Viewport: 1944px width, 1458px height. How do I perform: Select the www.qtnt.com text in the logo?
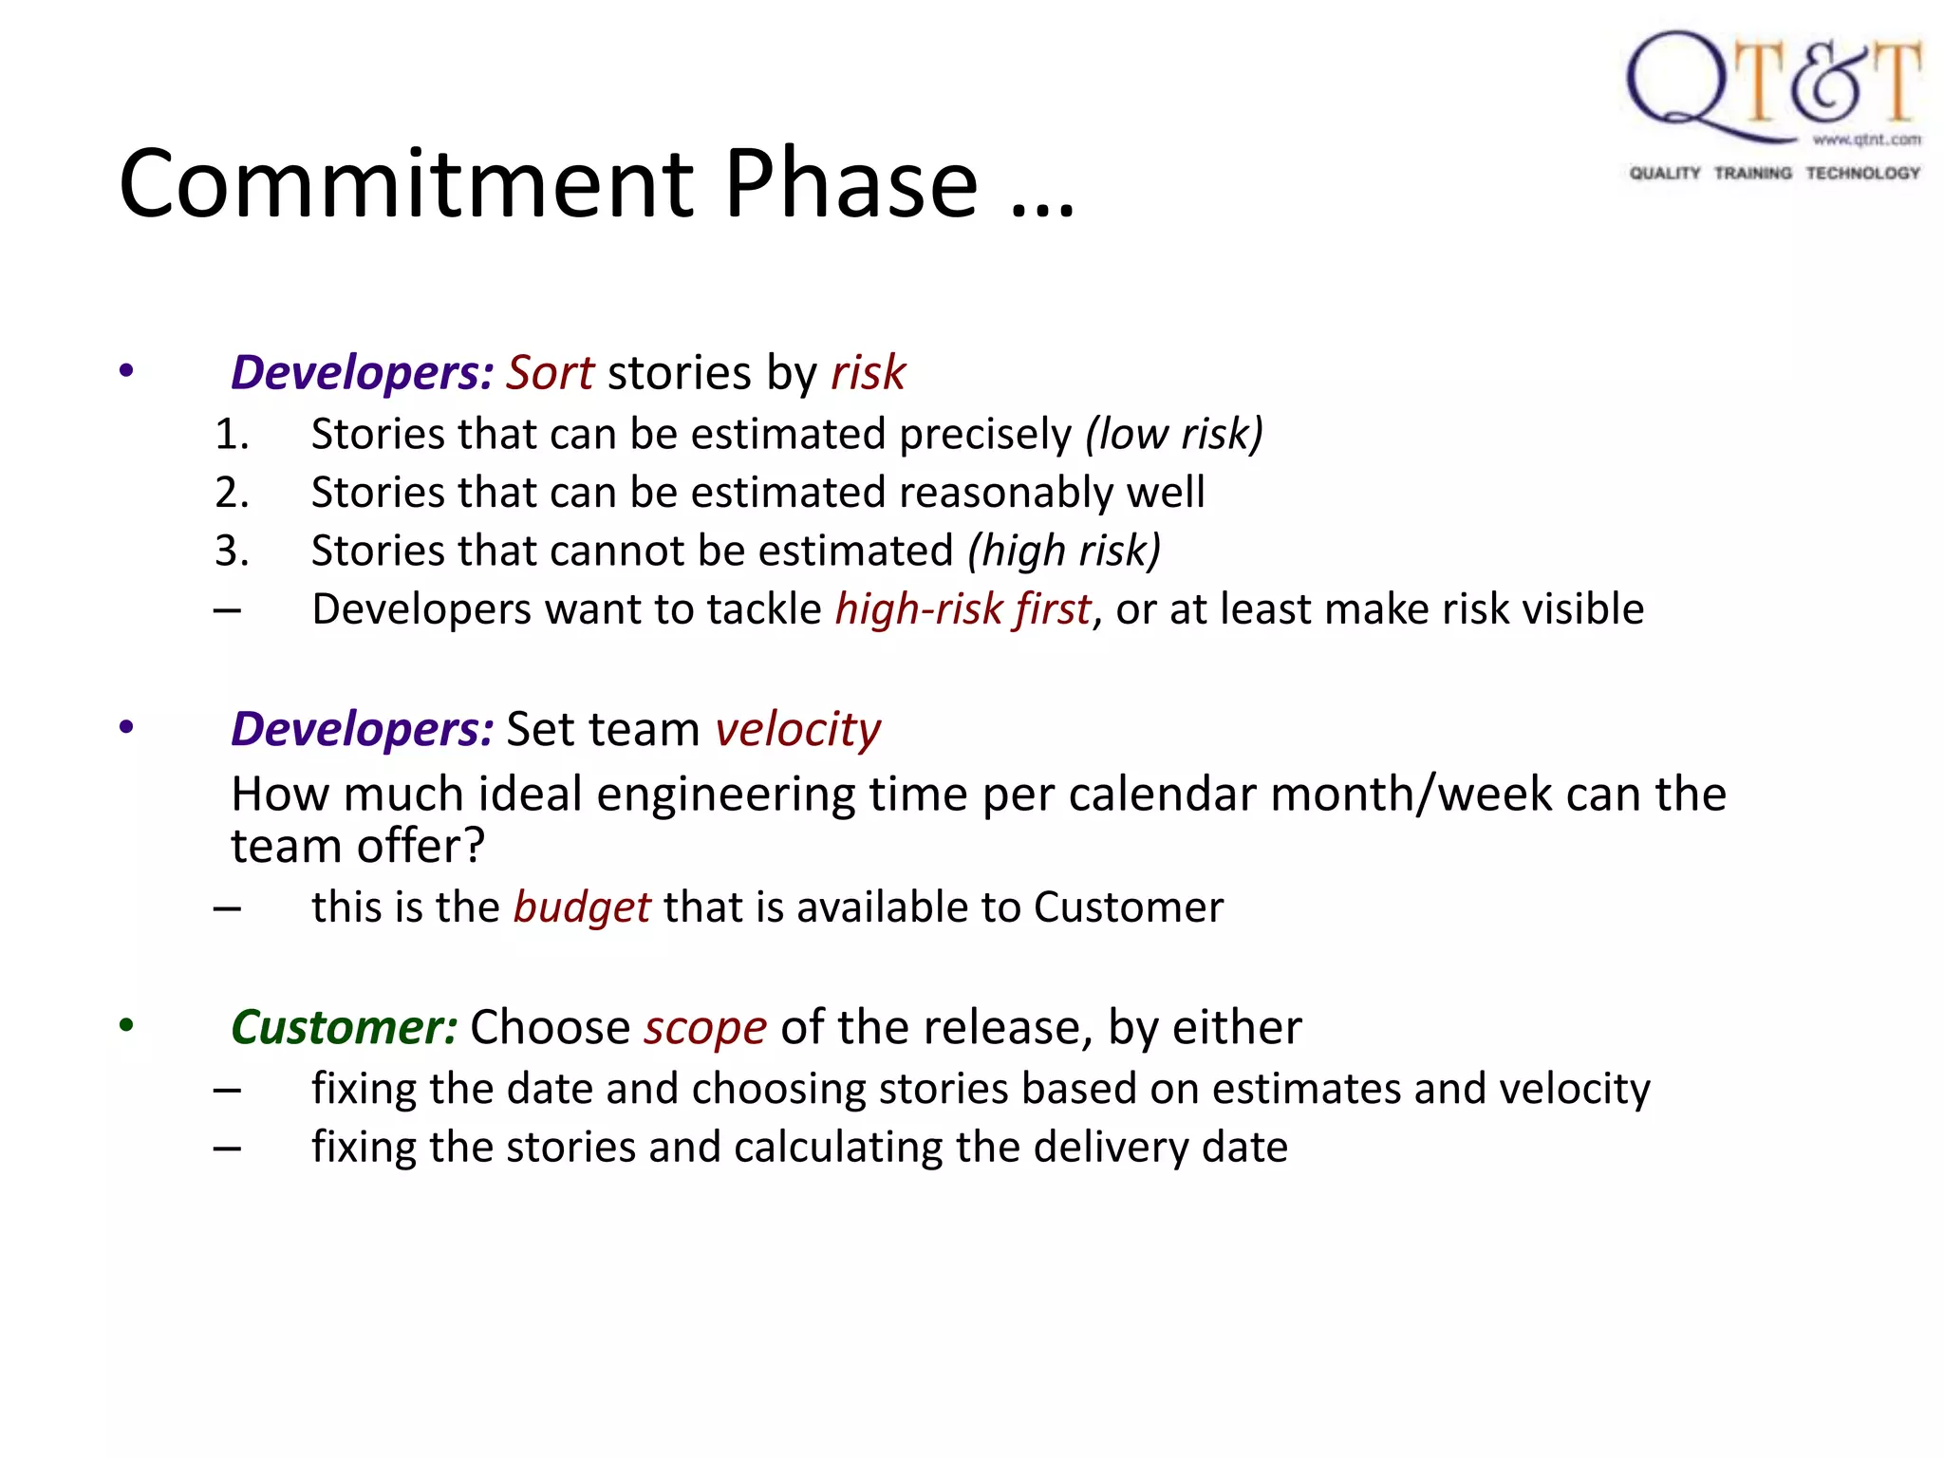click(x=1866, y=140)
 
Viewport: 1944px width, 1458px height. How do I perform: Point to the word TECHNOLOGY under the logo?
click(x=1862, y=173)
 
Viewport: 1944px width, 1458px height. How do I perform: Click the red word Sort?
click(x=550, y=372)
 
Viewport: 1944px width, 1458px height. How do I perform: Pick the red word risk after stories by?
click(x=868, y=372)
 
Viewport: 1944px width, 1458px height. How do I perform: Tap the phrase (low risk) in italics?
click(x=1174, y=434)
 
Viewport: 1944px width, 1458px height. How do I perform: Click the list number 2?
click(x=231, y=493)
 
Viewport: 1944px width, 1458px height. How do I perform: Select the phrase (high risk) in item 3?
click(x=1064, y=551)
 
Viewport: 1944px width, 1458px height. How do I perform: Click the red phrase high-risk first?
click(x=963, y=609)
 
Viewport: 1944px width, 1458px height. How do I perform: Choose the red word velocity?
click(x=797, y=729)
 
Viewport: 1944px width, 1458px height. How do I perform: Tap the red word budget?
click(x=582, y=907)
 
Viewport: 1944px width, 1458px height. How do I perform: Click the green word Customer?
click(x=345, y=1027)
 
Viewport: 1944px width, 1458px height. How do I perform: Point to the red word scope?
click(x=704, y=1027)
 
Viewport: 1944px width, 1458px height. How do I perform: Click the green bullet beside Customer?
click(x=126, y=1025)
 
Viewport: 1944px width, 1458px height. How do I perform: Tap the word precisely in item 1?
click(x=984, y=434)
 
